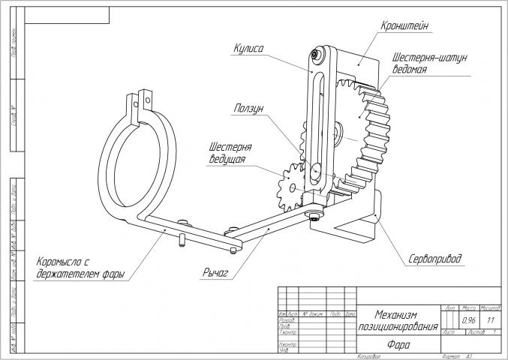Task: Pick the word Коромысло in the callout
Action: click(x=58, y=262)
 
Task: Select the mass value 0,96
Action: click(x=470, y=319)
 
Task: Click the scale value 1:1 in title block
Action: click(x=491, y=319)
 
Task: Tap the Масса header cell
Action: click(x=470, y=308)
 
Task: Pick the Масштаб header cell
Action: click(x=491, y=308)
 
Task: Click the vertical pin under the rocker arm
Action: click(x=182, y=240)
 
